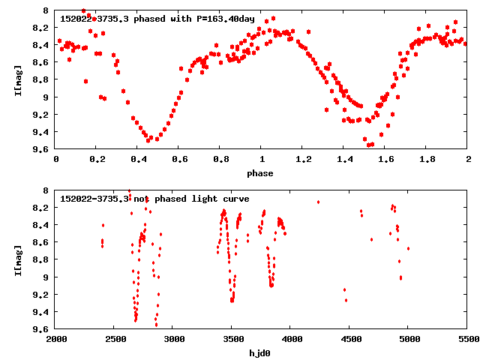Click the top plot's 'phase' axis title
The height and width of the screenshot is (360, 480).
[262, 173]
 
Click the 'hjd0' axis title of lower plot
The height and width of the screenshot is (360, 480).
[262, 352]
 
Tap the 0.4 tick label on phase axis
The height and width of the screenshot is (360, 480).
[138, 160]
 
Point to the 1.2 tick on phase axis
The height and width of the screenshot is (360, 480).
[303, 160]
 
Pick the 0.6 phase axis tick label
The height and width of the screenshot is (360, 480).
[179, 160]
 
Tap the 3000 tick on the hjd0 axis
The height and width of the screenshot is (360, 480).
[173, 339]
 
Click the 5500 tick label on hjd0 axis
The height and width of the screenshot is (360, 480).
[467, 339]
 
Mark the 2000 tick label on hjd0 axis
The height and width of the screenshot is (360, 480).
[56, 339]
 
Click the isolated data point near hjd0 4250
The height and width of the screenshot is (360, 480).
[318, 202]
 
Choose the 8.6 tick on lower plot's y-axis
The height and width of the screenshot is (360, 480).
[41, 242]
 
